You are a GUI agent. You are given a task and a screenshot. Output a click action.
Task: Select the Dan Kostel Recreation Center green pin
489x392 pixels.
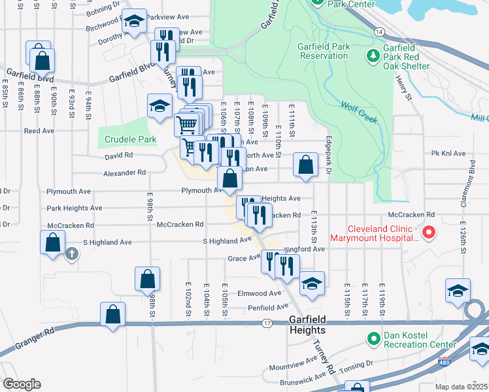[x=373, y=338]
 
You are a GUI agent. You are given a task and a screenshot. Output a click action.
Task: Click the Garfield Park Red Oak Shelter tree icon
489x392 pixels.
[x=373, y=56]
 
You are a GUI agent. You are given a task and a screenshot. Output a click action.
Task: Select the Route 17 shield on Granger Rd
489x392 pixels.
[x=267, y=323]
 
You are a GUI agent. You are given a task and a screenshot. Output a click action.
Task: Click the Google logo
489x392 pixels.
[x=21, y=384]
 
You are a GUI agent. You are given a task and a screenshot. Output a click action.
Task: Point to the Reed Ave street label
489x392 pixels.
[x=39, y=131]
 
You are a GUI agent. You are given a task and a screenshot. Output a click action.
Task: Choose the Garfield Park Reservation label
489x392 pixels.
[x=323, y=51]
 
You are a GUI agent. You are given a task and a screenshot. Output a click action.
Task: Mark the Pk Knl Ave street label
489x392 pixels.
[x=448, y=154]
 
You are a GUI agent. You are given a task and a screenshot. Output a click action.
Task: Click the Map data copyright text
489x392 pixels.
[x=467, y=387]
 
